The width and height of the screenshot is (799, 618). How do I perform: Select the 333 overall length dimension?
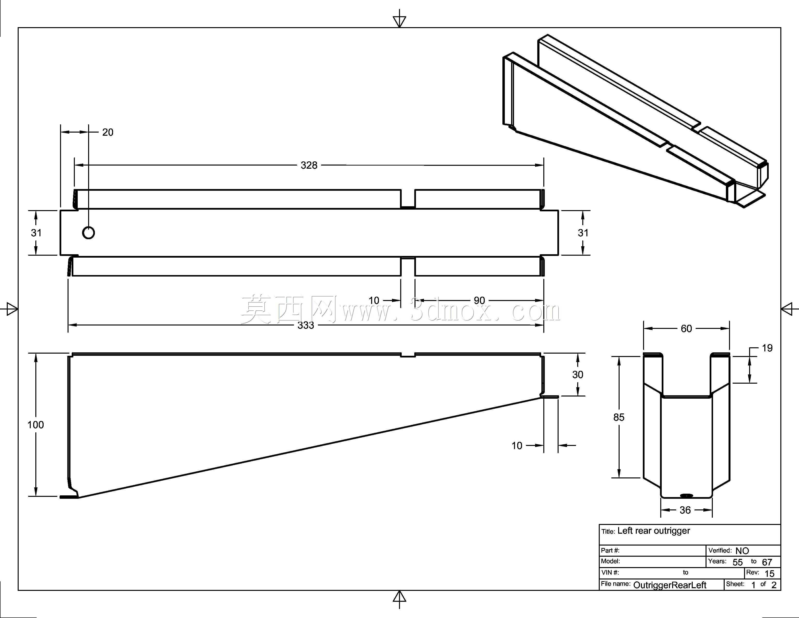(x=306, y=325)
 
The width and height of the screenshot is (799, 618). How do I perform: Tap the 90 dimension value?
(x=479, y=301)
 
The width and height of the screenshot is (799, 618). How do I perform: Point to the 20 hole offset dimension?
(x=108, y=132)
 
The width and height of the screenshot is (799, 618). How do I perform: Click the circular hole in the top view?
(x=89, y=232)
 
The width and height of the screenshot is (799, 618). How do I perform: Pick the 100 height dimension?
(x=36, y=425)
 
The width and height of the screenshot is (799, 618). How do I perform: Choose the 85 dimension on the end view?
(x=619, y=417)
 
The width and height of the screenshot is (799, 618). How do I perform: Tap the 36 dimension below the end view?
(x=685, y=510)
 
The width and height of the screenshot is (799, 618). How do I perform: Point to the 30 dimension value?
(x=578, y=374)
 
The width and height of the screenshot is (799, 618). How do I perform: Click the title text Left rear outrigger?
(x=653, y=531)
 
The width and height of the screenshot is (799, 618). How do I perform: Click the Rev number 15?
(x=770, y=574)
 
